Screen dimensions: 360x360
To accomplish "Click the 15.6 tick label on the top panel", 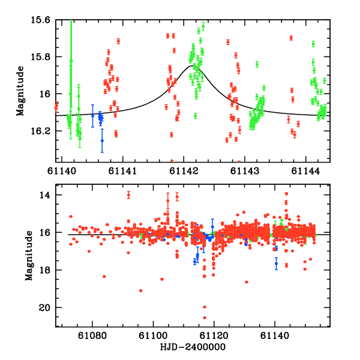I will coord(41,20).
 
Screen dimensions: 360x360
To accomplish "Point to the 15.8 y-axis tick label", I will coord(41,57).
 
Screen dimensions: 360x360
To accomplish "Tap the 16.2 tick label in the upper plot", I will coord(41,131).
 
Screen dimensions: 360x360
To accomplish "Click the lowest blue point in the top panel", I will coord(102,140).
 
